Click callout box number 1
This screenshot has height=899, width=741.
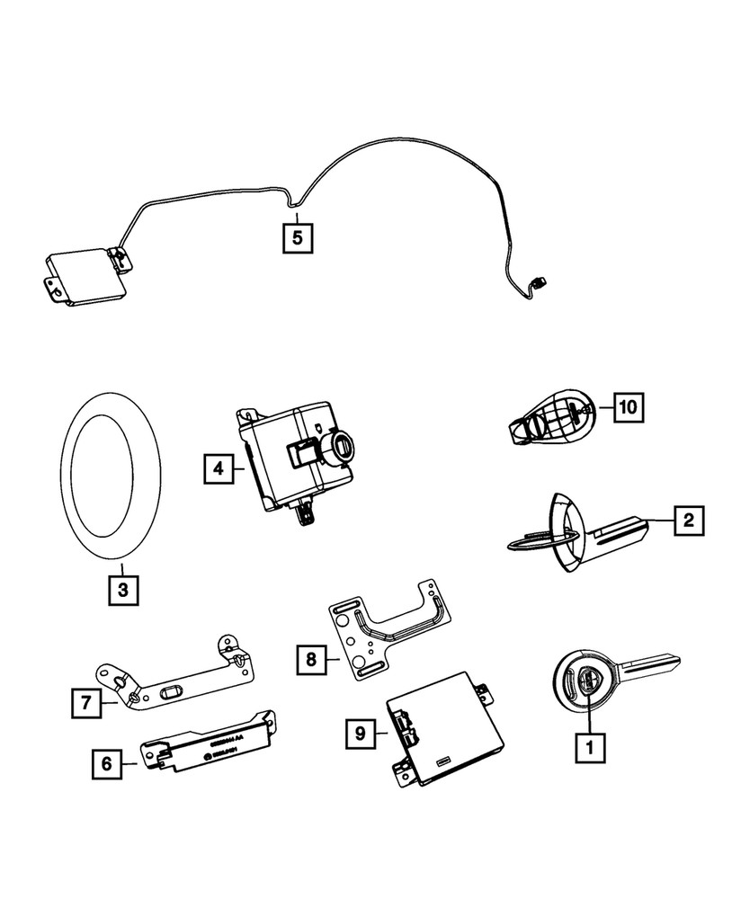click(x=590, y=745)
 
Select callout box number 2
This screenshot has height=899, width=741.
click(x=688, y=519)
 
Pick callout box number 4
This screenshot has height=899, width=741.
click(x=217, y=468)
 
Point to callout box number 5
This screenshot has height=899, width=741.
click(x=298, y=238)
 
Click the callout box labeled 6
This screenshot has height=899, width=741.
click(x=106, y=764)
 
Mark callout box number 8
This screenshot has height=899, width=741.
click(x=310, y=660)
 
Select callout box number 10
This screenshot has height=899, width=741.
click(x=629, y=407)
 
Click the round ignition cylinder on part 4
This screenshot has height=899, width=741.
click(x=344, y=445)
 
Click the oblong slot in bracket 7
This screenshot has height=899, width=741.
click(x=170, y=693)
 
